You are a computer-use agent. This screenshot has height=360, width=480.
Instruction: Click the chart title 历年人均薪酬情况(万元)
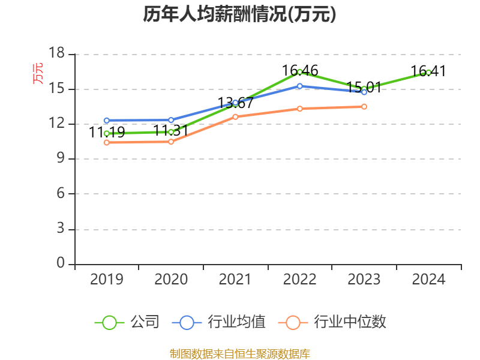(240, 14)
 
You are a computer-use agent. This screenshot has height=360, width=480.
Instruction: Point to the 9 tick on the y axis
(60, 159)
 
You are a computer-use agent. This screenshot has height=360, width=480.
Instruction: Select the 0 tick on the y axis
(60, 264)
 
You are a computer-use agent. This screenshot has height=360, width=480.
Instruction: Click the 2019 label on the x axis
(107, 279)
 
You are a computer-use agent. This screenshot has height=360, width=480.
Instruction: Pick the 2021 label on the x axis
(235, 279)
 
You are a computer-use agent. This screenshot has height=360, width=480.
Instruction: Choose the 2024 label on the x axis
(428, 279)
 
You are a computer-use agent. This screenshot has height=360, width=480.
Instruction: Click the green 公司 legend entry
(127, 322)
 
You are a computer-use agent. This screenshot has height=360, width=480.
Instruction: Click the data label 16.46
(300, 71)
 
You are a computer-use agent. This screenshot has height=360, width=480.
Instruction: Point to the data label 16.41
(428, 71)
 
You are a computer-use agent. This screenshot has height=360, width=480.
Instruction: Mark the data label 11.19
(107, 132)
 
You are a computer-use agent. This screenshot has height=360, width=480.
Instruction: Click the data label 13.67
(235, 103)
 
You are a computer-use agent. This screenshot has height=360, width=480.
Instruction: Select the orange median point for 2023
(364, 106)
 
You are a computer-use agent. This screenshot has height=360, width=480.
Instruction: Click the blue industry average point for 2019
(107, 120)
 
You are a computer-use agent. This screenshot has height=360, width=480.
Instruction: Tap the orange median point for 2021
(235, 116)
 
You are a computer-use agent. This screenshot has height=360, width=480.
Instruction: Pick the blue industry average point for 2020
(171, 120)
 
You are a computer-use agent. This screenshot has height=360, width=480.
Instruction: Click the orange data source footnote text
(240, 353)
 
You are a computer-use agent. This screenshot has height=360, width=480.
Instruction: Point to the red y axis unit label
(38, 74)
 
